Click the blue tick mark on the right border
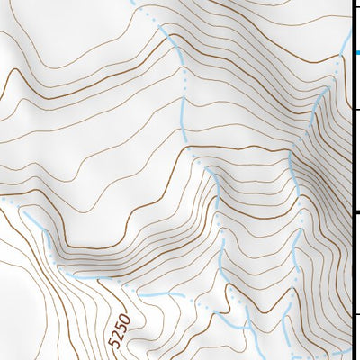click(356, 53)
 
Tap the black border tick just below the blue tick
click(356, 108)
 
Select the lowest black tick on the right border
click(356, 314)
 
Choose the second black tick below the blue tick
click(356, 211)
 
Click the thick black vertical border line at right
click(352, 180)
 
